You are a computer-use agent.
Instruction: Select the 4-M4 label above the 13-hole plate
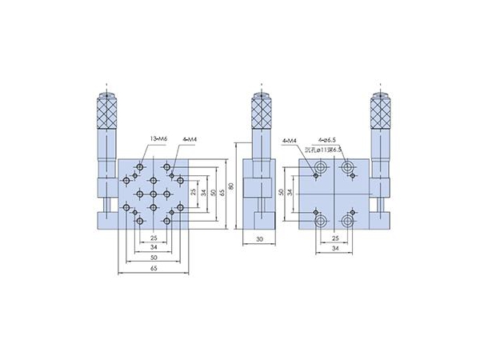tap(190, 140)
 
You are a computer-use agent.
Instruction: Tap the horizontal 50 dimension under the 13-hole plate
tap(153, 259)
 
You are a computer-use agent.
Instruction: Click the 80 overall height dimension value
tap(232, 188)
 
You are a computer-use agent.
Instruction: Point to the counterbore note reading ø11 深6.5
tap(325, 149)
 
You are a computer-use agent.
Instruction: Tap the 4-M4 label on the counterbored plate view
tap(291, 142)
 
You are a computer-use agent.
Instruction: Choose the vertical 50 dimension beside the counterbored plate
tap(281, 192)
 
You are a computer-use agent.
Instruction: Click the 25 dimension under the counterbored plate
tap(334, 238)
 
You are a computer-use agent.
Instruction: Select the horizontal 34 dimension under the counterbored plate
tap(334, 250)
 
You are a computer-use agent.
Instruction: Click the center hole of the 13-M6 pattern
tap(153, 193)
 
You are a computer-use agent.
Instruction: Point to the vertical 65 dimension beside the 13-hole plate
tap(225, 192)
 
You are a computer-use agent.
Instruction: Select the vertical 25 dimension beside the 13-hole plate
tap(194, 192)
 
